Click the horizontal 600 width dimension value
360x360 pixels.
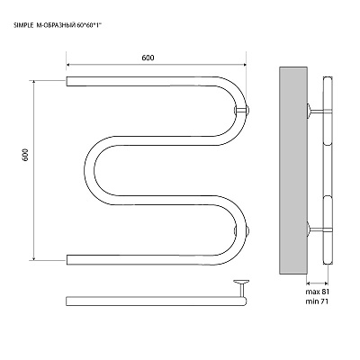(148, 58)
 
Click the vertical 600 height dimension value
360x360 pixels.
(25, 155)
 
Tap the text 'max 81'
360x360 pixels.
(318, 292)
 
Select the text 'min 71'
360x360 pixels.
(317, 301)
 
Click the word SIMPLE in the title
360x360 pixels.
(22, 26)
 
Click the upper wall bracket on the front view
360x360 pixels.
(242, 110)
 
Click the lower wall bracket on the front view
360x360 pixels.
(242, 230)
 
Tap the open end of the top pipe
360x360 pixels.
(67, 81)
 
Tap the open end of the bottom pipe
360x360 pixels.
(67, 260)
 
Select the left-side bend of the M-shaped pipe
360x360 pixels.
(90, 170)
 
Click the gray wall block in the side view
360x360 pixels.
(293, 170)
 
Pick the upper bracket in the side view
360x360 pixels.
(319, 112)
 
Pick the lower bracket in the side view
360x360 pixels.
(319, 229)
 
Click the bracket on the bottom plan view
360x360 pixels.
(241, 287)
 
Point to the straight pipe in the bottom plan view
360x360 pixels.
(156, 301)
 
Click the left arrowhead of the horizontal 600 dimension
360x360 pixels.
(68, 64)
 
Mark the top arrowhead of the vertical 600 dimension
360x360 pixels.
(34, 83)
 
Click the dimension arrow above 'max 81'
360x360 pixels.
(317, 283)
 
